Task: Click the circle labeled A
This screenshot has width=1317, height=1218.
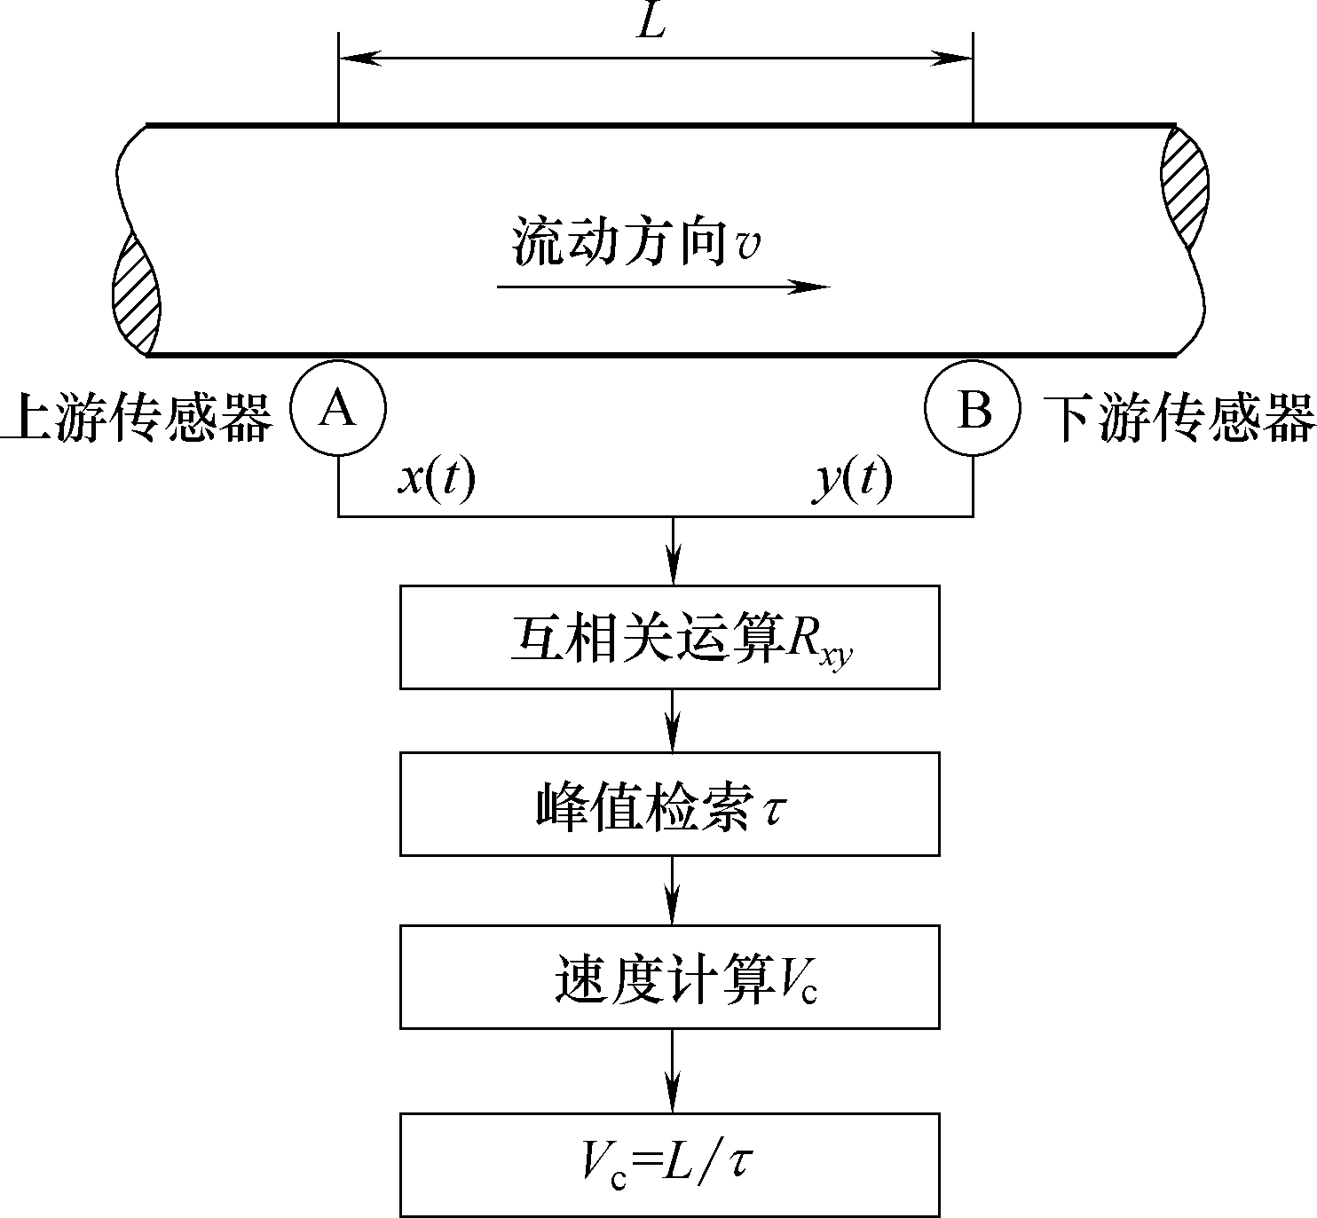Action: click(338, 410)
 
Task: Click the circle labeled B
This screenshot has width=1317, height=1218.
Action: click(973, 410)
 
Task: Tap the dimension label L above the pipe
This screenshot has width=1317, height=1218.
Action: click(651, 24)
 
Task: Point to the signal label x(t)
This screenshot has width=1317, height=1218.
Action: click(436, 481)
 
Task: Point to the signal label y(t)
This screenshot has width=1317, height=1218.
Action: click(853, 481)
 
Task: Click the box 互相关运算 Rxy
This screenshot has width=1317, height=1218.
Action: click(669, 637)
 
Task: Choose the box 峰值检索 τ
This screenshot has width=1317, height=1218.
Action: click(669, 804)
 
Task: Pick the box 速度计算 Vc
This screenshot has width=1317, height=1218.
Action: click(669, 977)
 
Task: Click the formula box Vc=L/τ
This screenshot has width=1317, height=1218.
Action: click(669, 1164)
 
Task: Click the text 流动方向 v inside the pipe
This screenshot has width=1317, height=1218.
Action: click(635, 242)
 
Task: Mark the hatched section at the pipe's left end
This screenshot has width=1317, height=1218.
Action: click(136, 293)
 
